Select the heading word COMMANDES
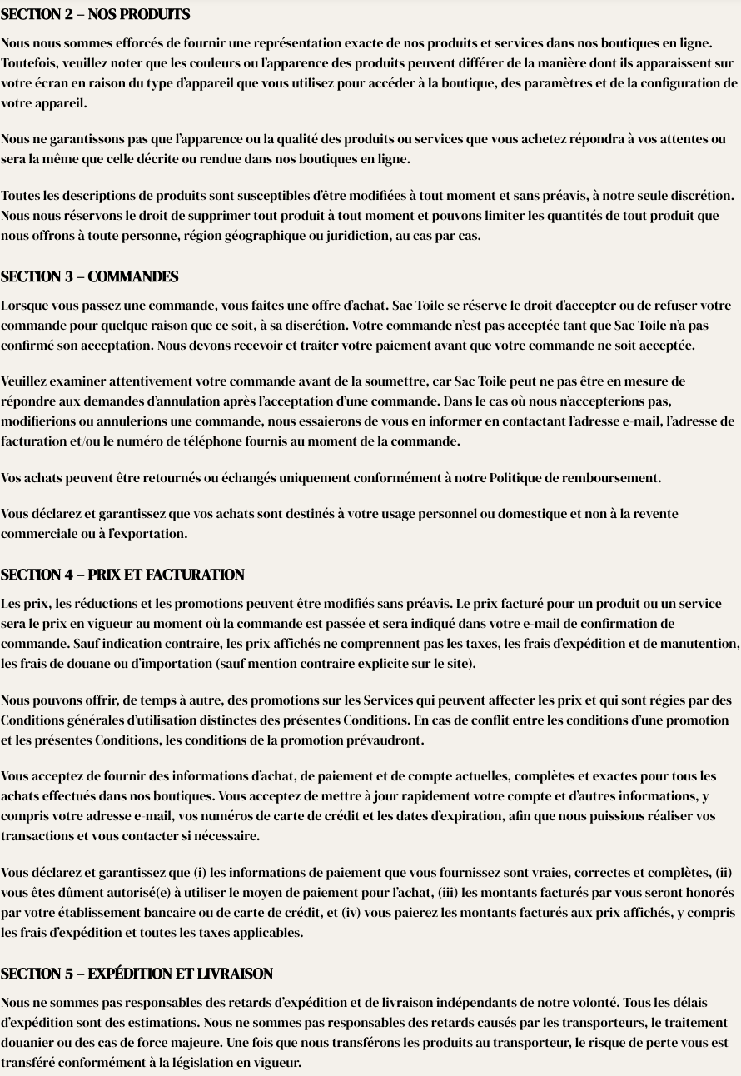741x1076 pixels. pos(133,277)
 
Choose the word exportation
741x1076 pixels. pos(151,534)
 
